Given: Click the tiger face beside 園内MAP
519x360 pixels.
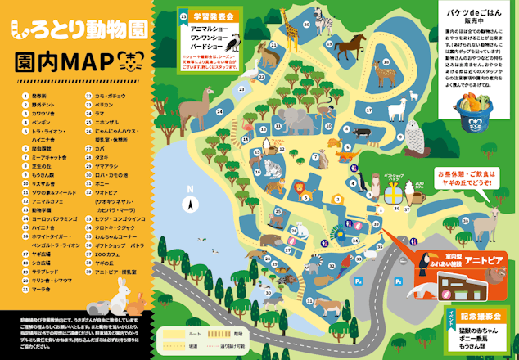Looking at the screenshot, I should [x=128, y=61].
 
